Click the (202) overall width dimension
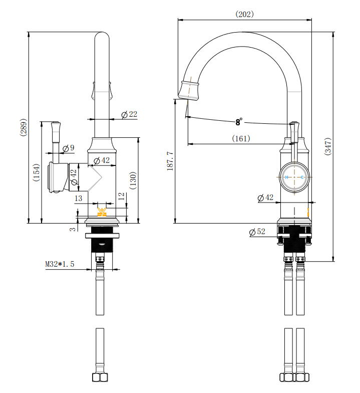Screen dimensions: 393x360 (x=244, y=14)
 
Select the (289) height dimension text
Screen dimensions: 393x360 (x=23, y=128)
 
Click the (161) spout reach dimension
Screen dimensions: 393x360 (x=241, y=138)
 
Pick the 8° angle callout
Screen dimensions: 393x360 (x=239, y=122)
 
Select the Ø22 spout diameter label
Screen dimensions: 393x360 (x=129, y=115)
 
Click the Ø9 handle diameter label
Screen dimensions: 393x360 (x=69, y=148)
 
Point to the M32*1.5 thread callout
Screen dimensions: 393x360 (x=60, y=264)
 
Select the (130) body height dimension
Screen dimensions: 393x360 (x=133, y=180)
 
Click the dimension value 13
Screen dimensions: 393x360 (x=78, y=199)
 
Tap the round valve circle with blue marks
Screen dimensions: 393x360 (x=294, y=177)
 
